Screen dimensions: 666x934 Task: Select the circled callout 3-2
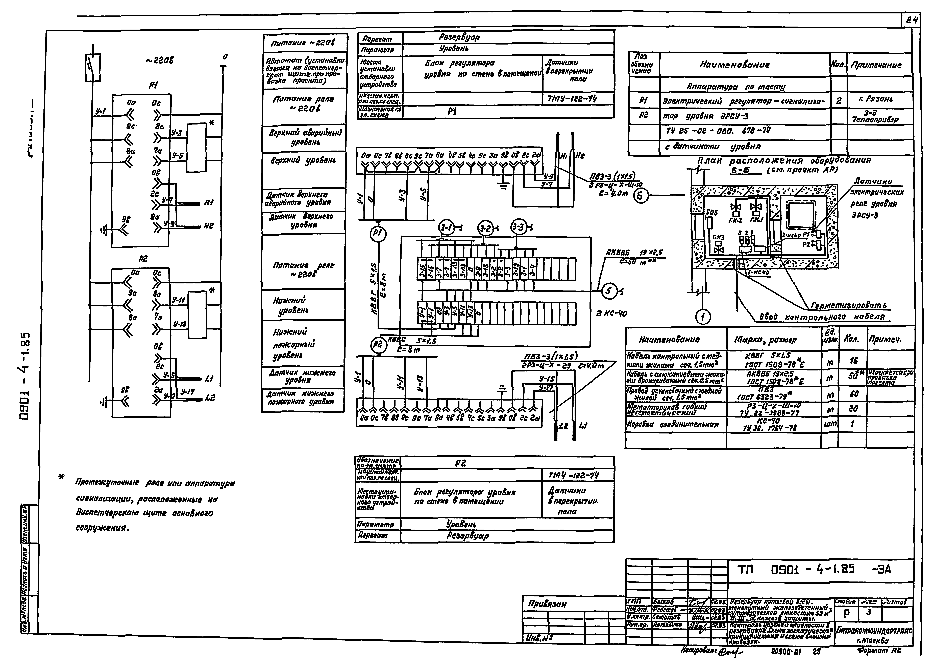coord(485,228)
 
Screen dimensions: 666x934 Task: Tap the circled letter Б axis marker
coord(641,196)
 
